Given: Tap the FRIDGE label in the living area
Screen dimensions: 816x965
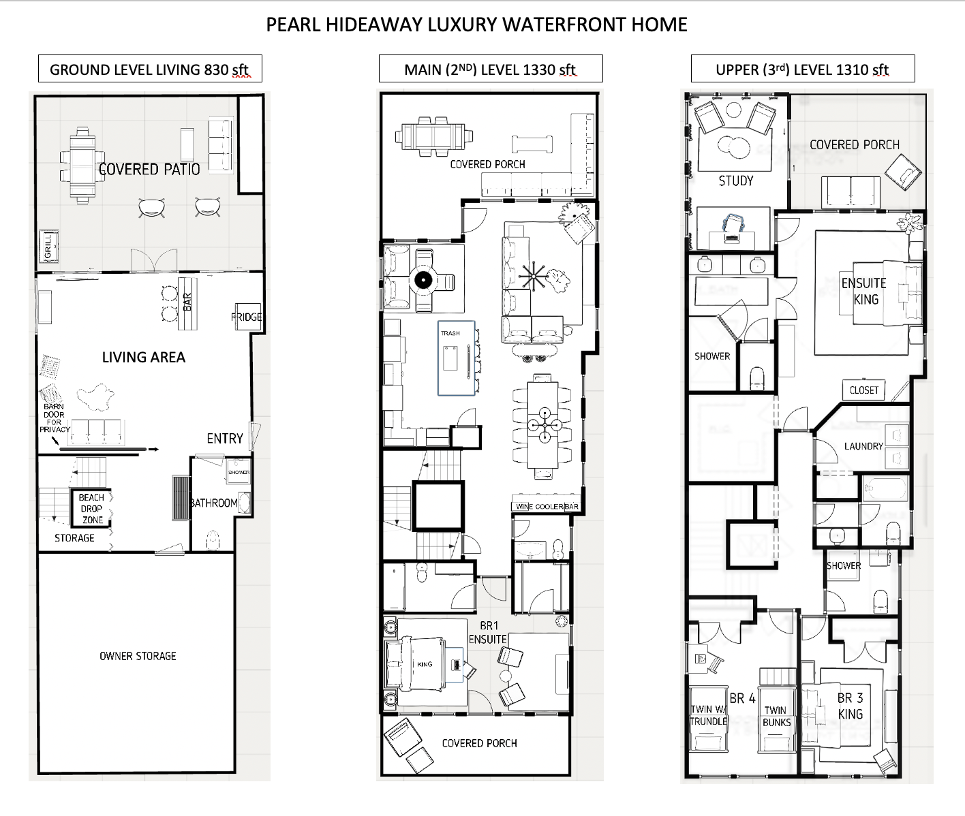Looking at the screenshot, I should click(246, 317).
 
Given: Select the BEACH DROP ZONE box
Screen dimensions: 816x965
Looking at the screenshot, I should click(91, 509).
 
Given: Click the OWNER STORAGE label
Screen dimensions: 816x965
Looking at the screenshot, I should click(138, 656).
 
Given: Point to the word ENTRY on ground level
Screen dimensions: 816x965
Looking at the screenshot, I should click(225, 439).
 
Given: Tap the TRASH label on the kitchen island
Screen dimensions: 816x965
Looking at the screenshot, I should click(450, 333).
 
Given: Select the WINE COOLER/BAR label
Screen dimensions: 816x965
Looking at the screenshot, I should click(547, 506).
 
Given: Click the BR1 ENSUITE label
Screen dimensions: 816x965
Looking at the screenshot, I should click(488, 632).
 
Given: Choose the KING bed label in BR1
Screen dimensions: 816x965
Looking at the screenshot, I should click(425, 664).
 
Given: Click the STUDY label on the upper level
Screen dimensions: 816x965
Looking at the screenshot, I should click(736, 181).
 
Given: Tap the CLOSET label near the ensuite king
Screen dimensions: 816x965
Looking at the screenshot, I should click(864, 390).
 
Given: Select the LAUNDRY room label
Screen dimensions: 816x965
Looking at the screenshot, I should click(863, 446).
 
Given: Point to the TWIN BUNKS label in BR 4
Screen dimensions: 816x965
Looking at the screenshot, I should click(776, 716).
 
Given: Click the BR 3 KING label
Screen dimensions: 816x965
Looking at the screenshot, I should click(851, 706).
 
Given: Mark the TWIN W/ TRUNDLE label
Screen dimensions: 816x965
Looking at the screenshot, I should click(709, 715).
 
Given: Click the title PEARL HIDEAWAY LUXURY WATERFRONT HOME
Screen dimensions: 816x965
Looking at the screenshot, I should click(476, 25).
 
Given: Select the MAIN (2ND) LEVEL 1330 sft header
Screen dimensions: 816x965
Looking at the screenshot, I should click(491, 69).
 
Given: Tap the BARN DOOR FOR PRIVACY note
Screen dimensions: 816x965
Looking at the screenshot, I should click(54, 418).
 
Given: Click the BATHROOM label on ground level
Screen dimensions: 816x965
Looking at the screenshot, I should click(214, 503).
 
